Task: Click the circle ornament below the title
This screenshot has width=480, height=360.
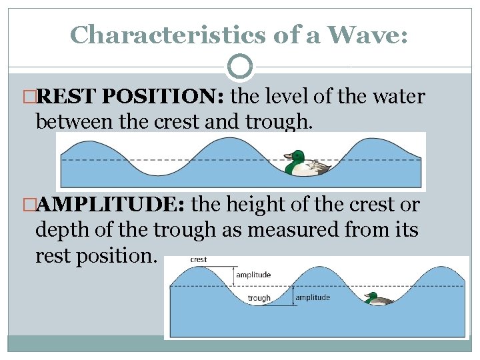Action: (x=240, y=67)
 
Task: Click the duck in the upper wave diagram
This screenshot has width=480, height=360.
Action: (x=306, y=165)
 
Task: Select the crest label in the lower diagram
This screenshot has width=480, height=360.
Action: (x=198, y=259)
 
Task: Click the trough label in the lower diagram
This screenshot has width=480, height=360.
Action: (x=259, y=298)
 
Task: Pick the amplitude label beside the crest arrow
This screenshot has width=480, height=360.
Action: (x=253, y=275)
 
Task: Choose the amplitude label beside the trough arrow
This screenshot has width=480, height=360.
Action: (x=312, y=297)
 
